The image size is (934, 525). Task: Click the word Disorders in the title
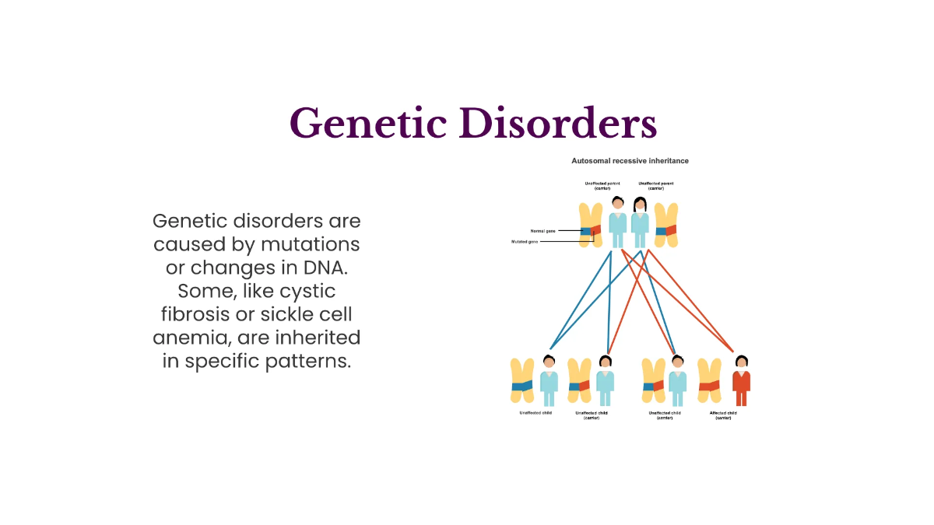[558, 122]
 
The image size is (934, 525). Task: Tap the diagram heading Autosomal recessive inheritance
[630, 161]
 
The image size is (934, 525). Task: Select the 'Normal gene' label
[542, 231]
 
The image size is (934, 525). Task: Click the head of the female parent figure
[640, 205]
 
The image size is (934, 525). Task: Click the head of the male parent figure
[617, 205]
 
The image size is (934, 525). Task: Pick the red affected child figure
[741, 380]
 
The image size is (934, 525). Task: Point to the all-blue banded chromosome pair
[521, 382]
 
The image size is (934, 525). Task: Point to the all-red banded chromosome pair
[709, 382]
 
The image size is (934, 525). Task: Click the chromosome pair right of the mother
[666, 225]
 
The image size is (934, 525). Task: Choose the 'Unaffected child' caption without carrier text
[536, 413]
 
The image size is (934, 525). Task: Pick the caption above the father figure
[602, 185]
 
